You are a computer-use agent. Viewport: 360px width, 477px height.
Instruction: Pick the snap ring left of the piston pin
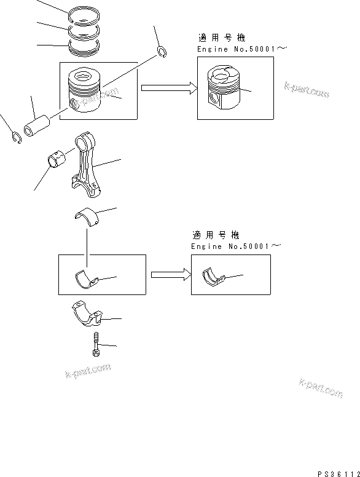pos(16,138)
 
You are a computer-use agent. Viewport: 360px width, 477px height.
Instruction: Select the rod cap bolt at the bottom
pos(96,344)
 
